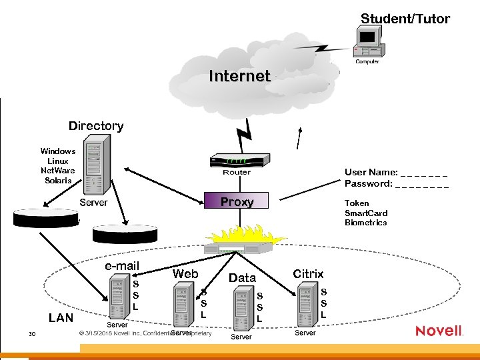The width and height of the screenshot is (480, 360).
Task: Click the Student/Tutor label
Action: pos(405,19)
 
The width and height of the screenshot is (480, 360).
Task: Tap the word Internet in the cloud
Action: pos(239,76)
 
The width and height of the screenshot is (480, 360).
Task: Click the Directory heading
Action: pos(96,126)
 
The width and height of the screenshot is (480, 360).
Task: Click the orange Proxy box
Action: pos(237,202)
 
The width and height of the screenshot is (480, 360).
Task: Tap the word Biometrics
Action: pos(365,223)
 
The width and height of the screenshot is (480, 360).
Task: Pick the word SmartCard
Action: pos(365,213)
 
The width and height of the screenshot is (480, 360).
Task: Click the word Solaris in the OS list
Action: pos(58,180)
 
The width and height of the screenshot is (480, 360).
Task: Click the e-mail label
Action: pos(122,266)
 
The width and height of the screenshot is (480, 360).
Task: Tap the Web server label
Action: pos(185,273)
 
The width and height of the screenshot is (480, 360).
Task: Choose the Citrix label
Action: pos(308,273)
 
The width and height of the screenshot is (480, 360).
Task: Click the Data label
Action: pos(242,277)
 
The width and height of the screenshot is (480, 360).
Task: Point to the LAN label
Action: pos(61,317)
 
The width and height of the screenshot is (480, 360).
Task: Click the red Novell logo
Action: pos(439,331)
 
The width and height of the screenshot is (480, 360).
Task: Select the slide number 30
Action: pos(31,333)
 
